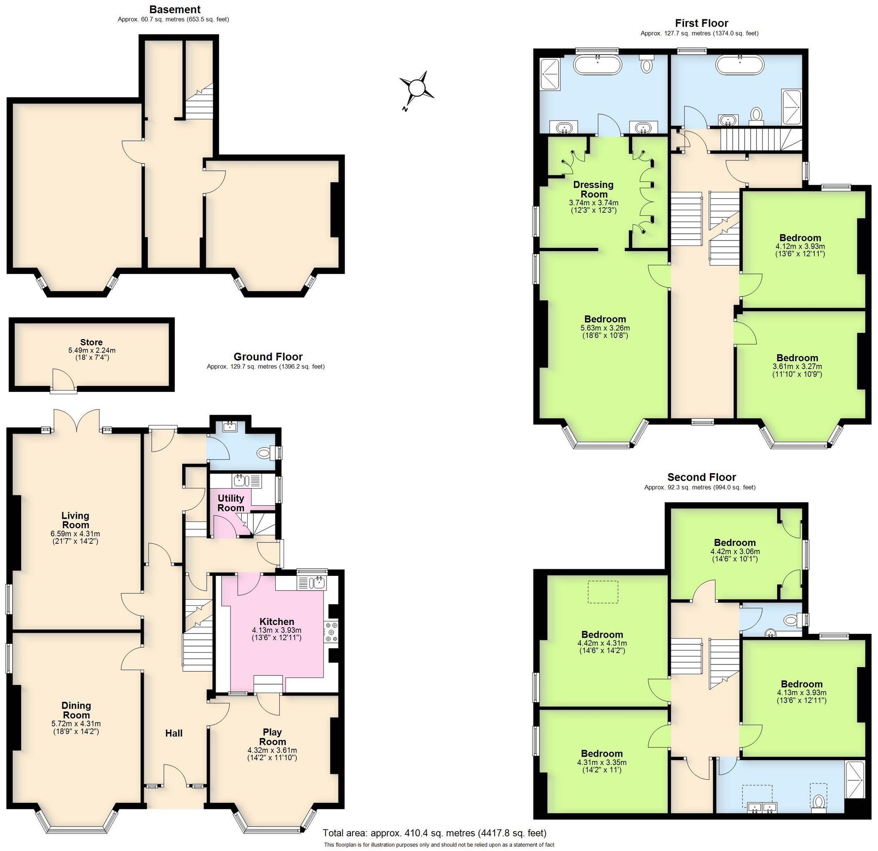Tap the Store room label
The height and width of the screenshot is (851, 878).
point(91,342)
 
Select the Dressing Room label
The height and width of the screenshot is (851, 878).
point(593,189)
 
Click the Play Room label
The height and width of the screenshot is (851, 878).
point(272,737)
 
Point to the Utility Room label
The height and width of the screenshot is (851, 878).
point(231,503)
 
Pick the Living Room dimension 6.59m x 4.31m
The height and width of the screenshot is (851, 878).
point(75,534)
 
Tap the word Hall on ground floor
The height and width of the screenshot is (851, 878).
point(174,733)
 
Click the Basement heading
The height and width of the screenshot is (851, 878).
point(175,9)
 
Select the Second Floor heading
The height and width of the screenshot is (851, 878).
point(702,477)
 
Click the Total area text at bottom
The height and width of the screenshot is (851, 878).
point(435,833)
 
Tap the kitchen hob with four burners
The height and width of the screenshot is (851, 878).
point(332,632)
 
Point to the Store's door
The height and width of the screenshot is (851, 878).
point(63,382)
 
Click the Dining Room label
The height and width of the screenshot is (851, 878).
point(76,710)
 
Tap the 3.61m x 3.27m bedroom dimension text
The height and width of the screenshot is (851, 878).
point(797,366)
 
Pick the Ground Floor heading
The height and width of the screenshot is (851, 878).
point(268,356)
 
